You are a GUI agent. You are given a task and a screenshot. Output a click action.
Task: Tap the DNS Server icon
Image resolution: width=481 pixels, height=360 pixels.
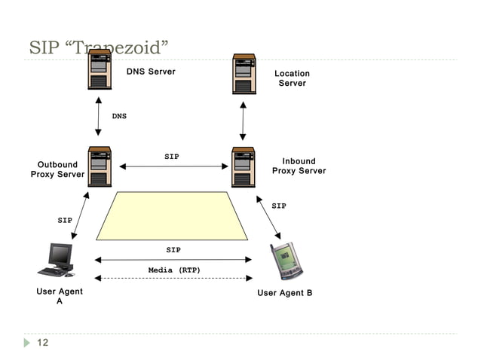click(x=99, y=72)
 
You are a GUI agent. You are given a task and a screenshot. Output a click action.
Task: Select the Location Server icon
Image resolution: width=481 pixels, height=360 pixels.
click(x=243, y=73)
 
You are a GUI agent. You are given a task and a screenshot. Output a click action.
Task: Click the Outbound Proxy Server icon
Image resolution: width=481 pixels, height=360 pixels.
click(x=99, y=166)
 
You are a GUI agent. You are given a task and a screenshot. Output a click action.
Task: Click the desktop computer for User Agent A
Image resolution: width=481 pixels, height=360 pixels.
click(x=57, y=260)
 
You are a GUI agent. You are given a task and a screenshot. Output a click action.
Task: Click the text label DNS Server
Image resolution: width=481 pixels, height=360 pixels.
click(x=150, y=72)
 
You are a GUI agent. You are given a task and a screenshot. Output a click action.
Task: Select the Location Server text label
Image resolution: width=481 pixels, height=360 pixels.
click(x=292, y=78)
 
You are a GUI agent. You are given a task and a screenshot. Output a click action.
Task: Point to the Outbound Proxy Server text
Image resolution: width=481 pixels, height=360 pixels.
click(x=57, y=169)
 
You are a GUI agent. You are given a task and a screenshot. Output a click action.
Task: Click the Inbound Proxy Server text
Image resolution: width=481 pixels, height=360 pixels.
click(x=299, y=166)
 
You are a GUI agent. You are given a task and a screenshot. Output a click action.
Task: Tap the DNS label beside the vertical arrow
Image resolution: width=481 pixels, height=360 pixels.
click(x=119, y=117)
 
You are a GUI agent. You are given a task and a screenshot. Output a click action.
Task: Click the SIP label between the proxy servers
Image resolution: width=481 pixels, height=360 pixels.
click(x=172, y=157)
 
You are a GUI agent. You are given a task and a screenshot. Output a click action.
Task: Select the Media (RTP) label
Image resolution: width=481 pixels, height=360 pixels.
click(x=174, y=270)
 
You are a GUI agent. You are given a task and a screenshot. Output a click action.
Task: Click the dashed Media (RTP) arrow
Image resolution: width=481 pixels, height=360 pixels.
click(x=174, y=279)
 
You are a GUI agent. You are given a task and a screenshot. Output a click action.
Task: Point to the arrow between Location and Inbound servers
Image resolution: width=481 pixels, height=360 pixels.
click(x=243, y=120)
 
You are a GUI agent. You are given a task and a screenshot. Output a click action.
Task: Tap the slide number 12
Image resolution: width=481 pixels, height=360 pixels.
click(x=43, y=343)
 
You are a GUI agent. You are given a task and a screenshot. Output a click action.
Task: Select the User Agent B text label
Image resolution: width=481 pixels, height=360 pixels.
click(x=284, y=293)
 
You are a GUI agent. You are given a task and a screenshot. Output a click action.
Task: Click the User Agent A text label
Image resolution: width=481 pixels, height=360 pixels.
click(x=60, y=296)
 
